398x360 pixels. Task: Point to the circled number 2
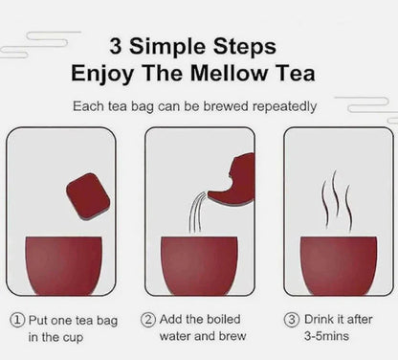[x=149, y=320]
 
